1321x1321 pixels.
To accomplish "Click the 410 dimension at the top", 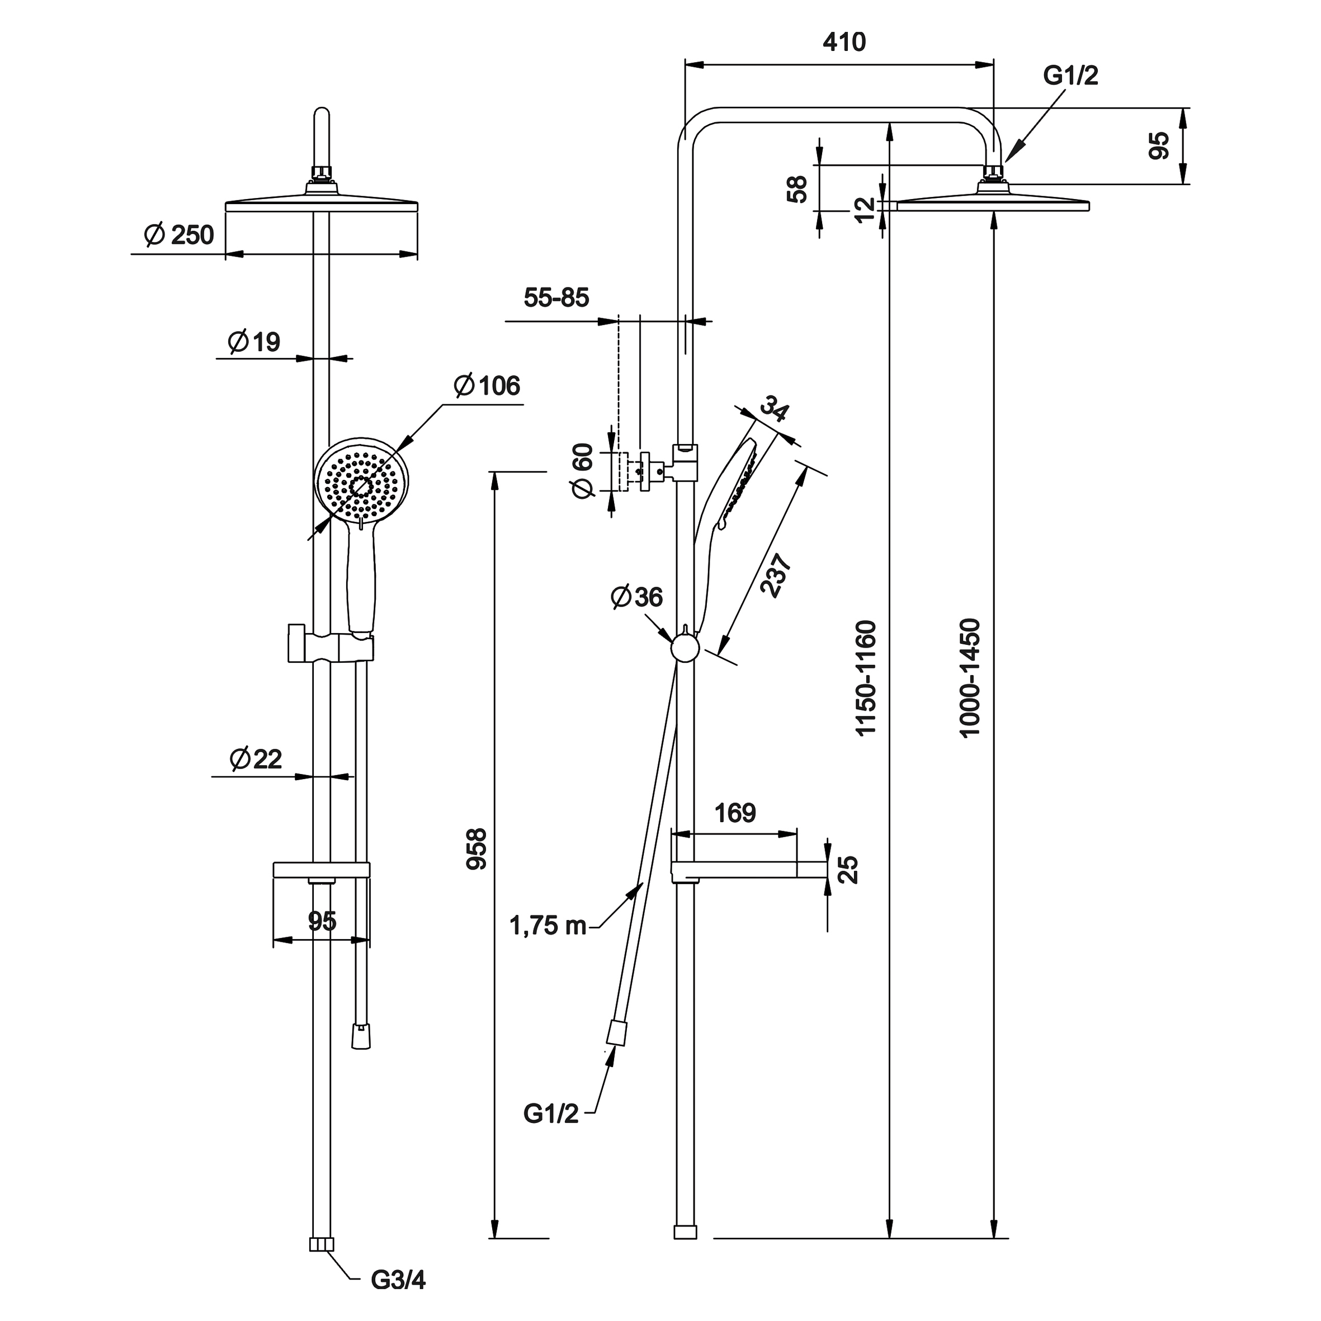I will [844, 43].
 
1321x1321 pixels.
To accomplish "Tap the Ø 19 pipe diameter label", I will [254, 341].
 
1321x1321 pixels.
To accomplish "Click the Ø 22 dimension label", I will [256, 759].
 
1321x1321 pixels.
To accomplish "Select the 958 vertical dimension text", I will [476, 848].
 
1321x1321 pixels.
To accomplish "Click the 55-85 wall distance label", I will [556, 298].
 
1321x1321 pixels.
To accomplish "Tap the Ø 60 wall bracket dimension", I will [583, 470].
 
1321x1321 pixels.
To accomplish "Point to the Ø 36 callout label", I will [636, 597].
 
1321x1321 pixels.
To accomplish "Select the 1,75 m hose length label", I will [548, 926].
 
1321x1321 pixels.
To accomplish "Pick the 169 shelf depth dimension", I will [735, 813].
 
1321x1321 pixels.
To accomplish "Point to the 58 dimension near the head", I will [798, 188].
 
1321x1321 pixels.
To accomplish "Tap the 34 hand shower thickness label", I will [775, 409].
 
